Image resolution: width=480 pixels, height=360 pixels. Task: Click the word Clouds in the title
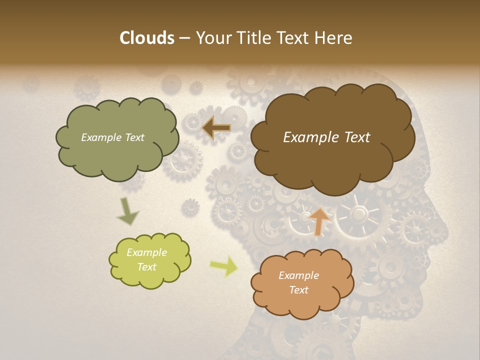click(146, 38)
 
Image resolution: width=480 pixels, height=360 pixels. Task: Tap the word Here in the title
click(333, 38)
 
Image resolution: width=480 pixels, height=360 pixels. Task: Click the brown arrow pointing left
click(216, 128)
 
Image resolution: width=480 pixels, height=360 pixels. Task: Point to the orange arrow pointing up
click(320, 221)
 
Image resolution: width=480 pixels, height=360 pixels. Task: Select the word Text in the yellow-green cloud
click(147, 267)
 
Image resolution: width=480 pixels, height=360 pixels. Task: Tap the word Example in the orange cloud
click(298, 275)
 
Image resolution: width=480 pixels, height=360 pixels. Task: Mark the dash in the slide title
click(184, 38)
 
